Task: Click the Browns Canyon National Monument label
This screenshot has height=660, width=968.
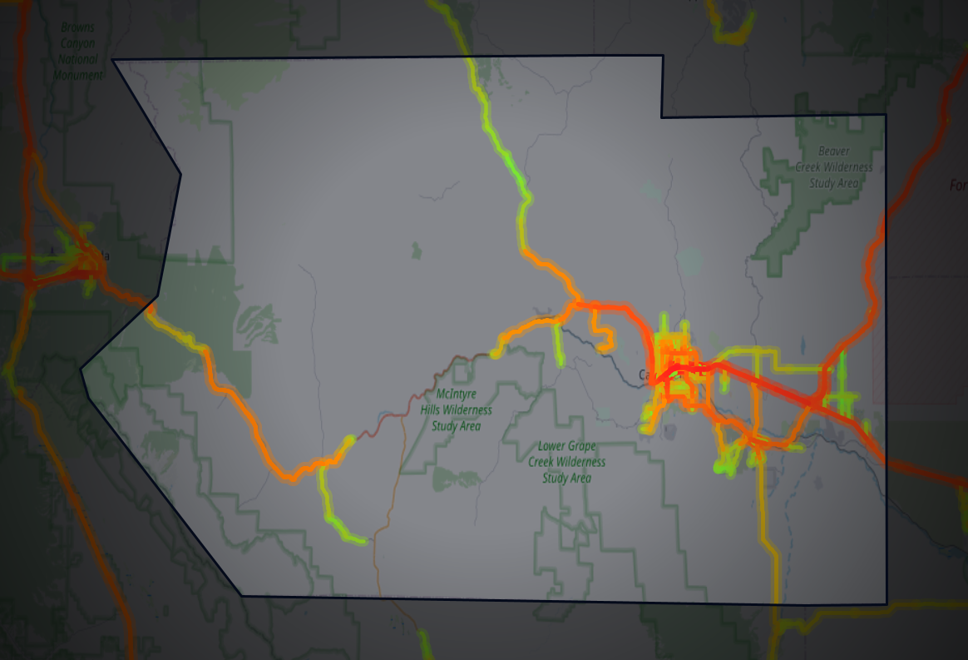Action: click(78, 51)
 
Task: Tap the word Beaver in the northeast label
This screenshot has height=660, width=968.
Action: click(833, 151)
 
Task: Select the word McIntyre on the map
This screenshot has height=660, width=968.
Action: click(457, 393)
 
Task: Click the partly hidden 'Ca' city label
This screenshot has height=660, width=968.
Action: click(645, 375)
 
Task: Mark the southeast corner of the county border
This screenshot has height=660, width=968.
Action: click(887, 604)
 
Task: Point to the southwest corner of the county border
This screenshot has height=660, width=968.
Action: click(242, 595)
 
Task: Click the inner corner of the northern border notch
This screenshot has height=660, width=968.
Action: click(662, 117)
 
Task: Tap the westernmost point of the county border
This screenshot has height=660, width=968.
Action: click(81, 369)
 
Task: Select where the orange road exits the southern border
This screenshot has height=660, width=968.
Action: click(777, 602)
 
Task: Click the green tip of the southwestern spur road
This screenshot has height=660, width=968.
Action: click(363, 542)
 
